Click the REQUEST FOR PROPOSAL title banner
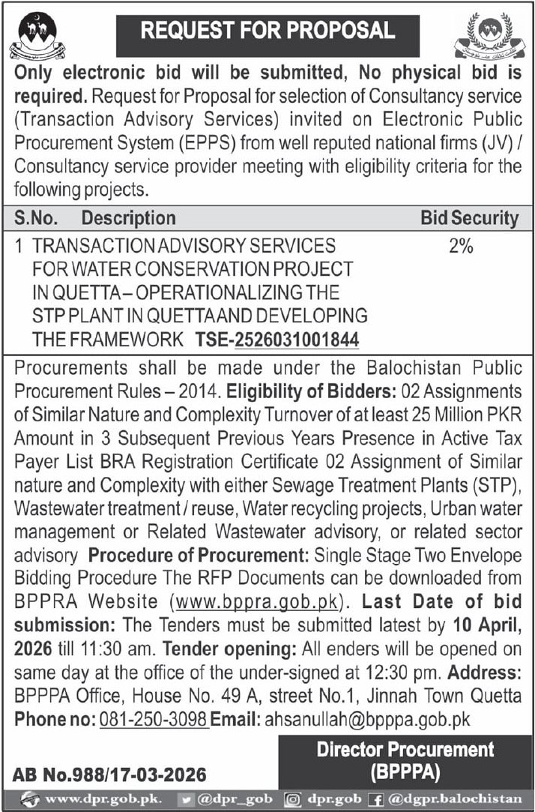click(267, 31)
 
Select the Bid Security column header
click(469, 218)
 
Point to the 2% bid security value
click(461, 246)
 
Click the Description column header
click(128, 218)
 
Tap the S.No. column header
click(39, 218)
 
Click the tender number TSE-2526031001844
click(277, 340)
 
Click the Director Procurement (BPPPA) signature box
click(405, 761)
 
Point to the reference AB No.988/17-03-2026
click(109, 773)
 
